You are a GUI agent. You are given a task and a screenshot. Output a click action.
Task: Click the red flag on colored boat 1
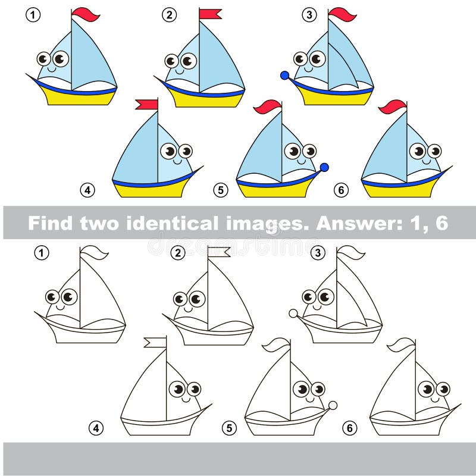86,13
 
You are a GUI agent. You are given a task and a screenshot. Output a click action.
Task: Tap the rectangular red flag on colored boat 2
210,14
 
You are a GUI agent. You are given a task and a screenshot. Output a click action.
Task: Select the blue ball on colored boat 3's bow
284,76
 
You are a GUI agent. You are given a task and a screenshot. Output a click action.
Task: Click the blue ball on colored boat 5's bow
324,167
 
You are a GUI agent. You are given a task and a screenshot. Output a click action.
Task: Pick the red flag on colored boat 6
393,107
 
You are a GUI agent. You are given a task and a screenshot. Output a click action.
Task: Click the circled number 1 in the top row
33,14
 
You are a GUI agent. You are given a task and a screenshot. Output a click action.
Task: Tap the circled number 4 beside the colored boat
87,190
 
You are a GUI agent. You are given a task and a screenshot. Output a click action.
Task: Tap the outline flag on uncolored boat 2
218,252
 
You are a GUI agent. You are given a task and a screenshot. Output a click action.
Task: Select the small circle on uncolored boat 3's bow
293,314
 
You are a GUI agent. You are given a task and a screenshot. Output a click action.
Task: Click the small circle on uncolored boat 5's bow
333,405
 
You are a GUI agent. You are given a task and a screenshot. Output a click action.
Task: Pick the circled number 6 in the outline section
349,427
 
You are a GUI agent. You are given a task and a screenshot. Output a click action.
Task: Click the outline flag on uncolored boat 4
155,342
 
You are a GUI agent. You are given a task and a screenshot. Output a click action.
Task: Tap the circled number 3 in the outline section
318,253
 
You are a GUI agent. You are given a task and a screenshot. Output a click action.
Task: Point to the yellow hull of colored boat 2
205,100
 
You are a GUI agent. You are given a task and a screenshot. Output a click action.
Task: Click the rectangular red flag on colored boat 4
146,105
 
